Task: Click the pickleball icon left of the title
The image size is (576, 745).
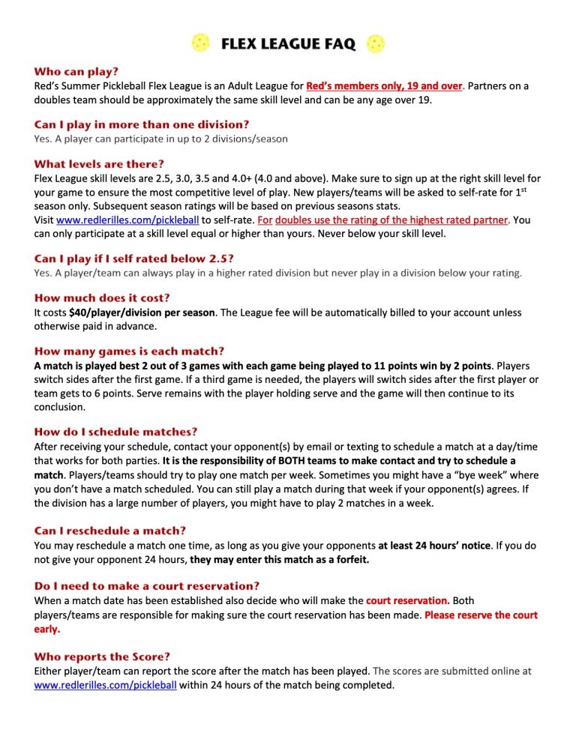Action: point(201,43)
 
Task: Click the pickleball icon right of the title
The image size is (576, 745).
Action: point(375,43)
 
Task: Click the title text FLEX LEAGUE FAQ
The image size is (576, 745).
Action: point(288,44)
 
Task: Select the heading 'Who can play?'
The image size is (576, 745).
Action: point(76,72)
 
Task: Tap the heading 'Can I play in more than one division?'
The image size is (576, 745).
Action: point(142,124)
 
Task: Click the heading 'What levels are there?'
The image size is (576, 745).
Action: point(99,163)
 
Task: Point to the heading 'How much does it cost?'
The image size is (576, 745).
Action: point(102,298)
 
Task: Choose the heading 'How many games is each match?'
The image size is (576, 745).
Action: point(129,351)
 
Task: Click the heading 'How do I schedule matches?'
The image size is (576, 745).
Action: point(115,432)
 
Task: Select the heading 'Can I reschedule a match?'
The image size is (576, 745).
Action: point(109,531)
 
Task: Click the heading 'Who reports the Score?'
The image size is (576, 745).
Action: point(102,657)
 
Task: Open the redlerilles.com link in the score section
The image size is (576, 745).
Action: point(106,685)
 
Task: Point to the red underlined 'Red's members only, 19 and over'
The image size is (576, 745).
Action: point(384,86)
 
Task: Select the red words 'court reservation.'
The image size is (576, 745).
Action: point(408,600)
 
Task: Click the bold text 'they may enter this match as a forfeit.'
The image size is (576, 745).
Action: point(280,559)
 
